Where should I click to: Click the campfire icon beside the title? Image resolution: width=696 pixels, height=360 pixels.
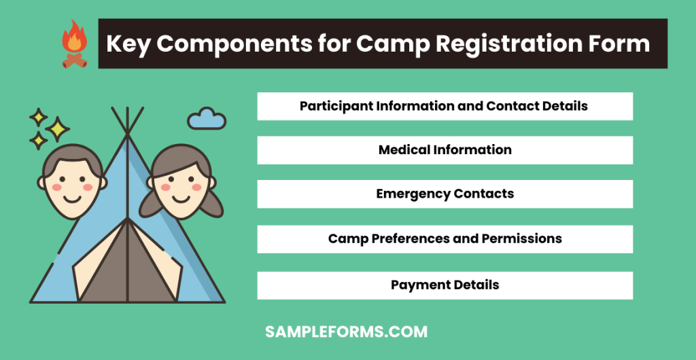pyautogui.click(x=73, y=43)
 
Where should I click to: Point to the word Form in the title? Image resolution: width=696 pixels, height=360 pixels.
pyautogui.click(x=620, y=44)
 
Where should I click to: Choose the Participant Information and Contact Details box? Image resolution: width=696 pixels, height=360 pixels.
pyautogui.click(x=445, y=107)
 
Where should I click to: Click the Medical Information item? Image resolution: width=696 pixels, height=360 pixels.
pyautogui.click(x=445, y=150)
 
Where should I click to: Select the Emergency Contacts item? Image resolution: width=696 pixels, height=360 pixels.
pyautogui.click(x=445, y=194)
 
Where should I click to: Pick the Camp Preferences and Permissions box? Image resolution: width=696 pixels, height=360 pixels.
pyautogui.click(x=445, y=239)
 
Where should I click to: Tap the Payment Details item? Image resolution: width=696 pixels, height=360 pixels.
pyautogui.click(x=445, y=285)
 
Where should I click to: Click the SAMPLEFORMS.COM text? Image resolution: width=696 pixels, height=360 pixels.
pyautogui.click(x=346, y=332)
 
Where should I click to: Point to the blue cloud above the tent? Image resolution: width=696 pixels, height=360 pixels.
pyautogui.click(x=207, y=119)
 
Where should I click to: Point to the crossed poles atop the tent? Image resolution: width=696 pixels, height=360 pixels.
pyautogui.click(x=127, y=121)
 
